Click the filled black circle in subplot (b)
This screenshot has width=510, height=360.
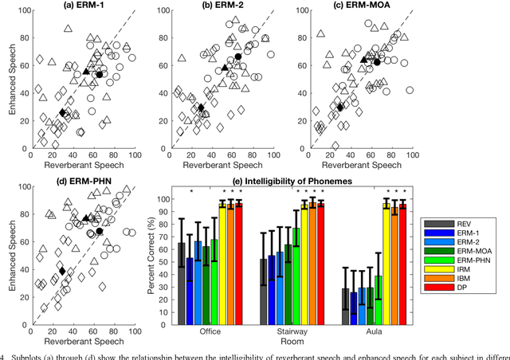pyautogui.click(x=237, y=57)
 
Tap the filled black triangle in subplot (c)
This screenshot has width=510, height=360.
pyautogui.click(x=364, y=59)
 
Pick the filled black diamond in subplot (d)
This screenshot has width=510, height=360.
pyautogui.click(x=62, y=272)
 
